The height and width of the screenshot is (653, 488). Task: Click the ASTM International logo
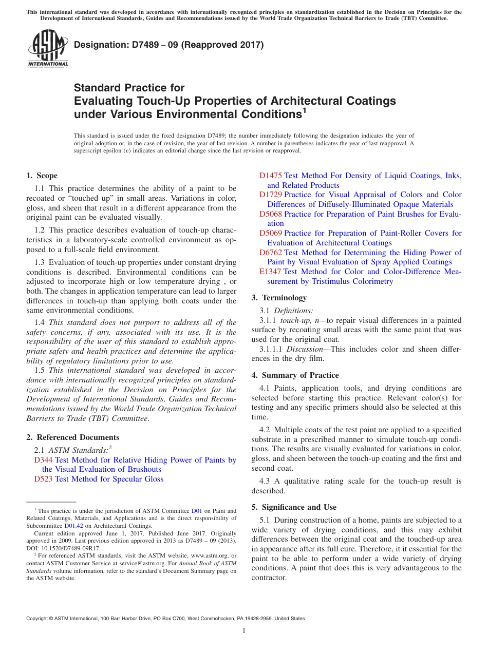[47, 49]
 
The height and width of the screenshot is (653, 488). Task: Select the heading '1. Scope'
[42, 176]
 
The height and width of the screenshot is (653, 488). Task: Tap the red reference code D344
[43, 460]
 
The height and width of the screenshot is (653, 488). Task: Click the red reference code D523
[43, 479]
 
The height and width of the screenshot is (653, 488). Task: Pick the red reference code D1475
[271, 176]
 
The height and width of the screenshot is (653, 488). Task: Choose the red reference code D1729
[271, 195]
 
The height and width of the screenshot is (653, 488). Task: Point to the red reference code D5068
[271, 214]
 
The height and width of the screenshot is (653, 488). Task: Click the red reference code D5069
[271, 233]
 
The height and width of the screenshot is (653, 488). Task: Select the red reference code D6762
[271, 253]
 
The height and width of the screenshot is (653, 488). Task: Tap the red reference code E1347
[270, 272]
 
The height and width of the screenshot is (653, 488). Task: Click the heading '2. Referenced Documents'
[72, 437]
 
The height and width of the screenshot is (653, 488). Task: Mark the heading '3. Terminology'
[279, 298]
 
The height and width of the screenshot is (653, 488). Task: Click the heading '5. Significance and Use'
[294, 507]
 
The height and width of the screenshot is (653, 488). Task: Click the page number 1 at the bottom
[244, 630]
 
